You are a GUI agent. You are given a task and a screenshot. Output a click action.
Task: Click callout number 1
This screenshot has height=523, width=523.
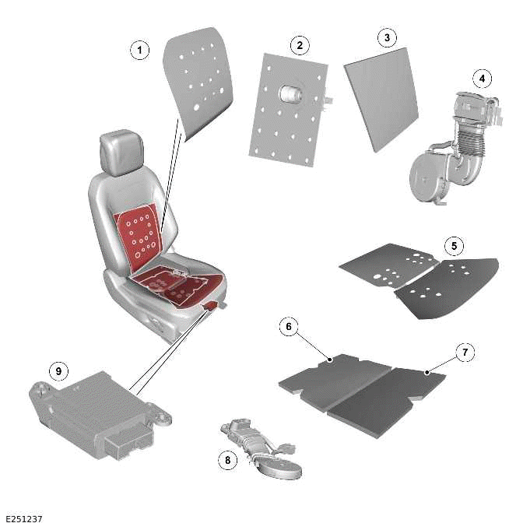point(139,51)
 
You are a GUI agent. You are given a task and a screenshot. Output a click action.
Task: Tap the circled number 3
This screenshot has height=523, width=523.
point(386,37)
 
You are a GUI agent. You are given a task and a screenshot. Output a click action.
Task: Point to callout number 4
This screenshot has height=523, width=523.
point(483,79)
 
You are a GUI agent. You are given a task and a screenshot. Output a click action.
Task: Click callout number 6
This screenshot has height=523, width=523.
point(289,327)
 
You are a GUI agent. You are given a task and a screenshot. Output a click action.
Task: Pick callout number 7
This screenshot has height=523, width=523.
point(465,353)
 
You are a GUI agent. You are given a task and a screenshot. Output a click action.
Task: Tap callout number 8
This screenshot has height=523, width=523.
point(227,460)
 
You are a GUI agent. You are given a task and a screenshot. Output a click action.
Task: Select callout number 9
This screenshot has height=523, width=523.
point(57,371)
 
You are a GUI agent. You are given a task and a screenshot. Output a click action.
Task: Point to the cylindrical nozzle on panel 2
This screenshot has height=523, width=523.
point(290,95)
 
